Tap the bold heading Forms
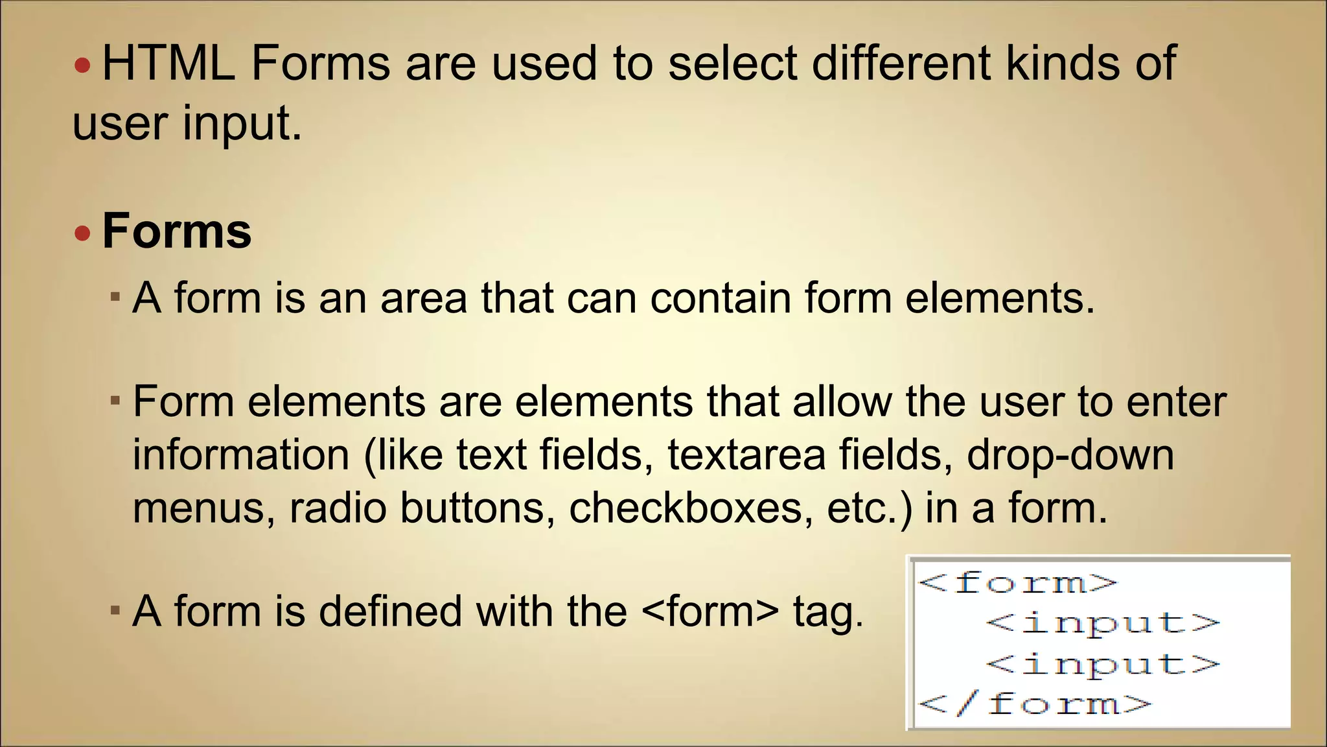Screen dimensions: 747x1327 pyautogui.click(x=176, y=231)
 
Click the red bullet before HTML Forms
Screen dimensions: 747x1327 pyautogui.click(x=82, y=65)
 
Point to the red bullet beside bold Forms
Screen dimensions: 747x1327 pyautogui.click(x=82, y=233)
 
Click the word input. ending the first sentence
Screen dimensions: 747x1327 pyautogui.click(x=242, y=123)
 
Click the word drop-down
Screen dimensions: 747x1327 pyautogui.click(x=1070, y=455)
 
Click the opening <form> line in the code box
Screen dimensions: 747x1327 pyautogui.click(x=1018, y=582)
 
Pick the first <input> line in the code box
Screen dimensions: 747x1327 pyautogui.click(x=1102, y=623)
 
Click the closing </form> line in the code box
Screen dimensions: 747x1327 pyautogui.click(x=1035, y=704)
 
